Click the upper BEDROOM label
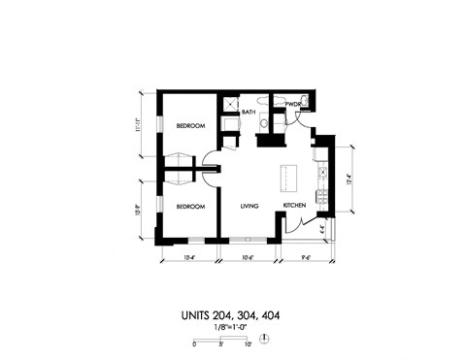click(x=190, y=127)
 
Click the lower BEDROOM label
click(x=190, y=207)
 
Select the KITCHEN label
click(x=295, y=207)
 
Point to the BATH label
click(x=249, y=113)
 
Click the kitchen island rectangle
click(x=288, y=178)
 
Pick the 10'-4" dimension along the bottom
click(x=190, y=257)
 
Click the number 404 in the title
click(x=272, y=315)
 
